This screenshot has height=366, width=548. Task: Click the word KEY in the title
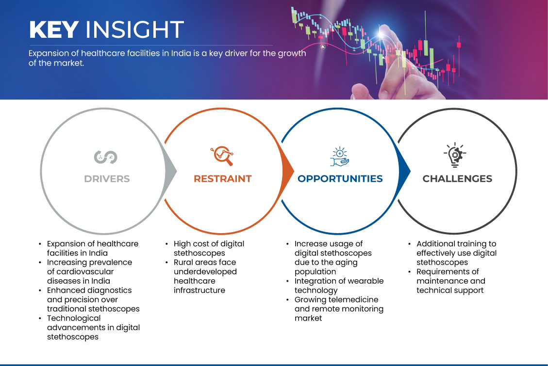tap(53, 30)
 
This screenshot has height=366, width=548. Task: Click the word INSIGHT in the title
tap(134, 30)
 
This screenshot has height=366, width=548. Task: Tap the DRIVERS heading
tap(107, 179)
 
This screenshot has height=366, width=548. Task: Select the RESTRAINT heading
tap(222, 179)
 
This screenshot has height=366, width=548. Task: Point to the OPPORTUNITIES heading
tap(340, 179)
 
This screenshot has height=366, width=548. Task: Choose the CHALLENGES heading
tap(457, 179)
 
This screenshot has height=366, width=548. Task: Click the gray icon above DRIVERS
tap(106, 157)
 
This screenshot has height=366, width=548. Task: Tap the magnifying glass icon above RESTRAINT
tap(222, 156)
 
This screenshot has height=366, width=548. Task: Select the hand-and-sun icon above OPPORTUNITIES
tap(339, 156)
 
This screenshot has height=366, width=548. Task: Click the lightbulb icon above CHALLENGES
tap(455, 155)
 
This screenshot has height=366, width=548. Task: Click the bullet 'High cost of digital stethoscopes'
tap(209, 248)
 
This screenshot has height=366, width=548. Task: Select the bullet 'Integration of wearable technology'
tap(339, 286)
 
